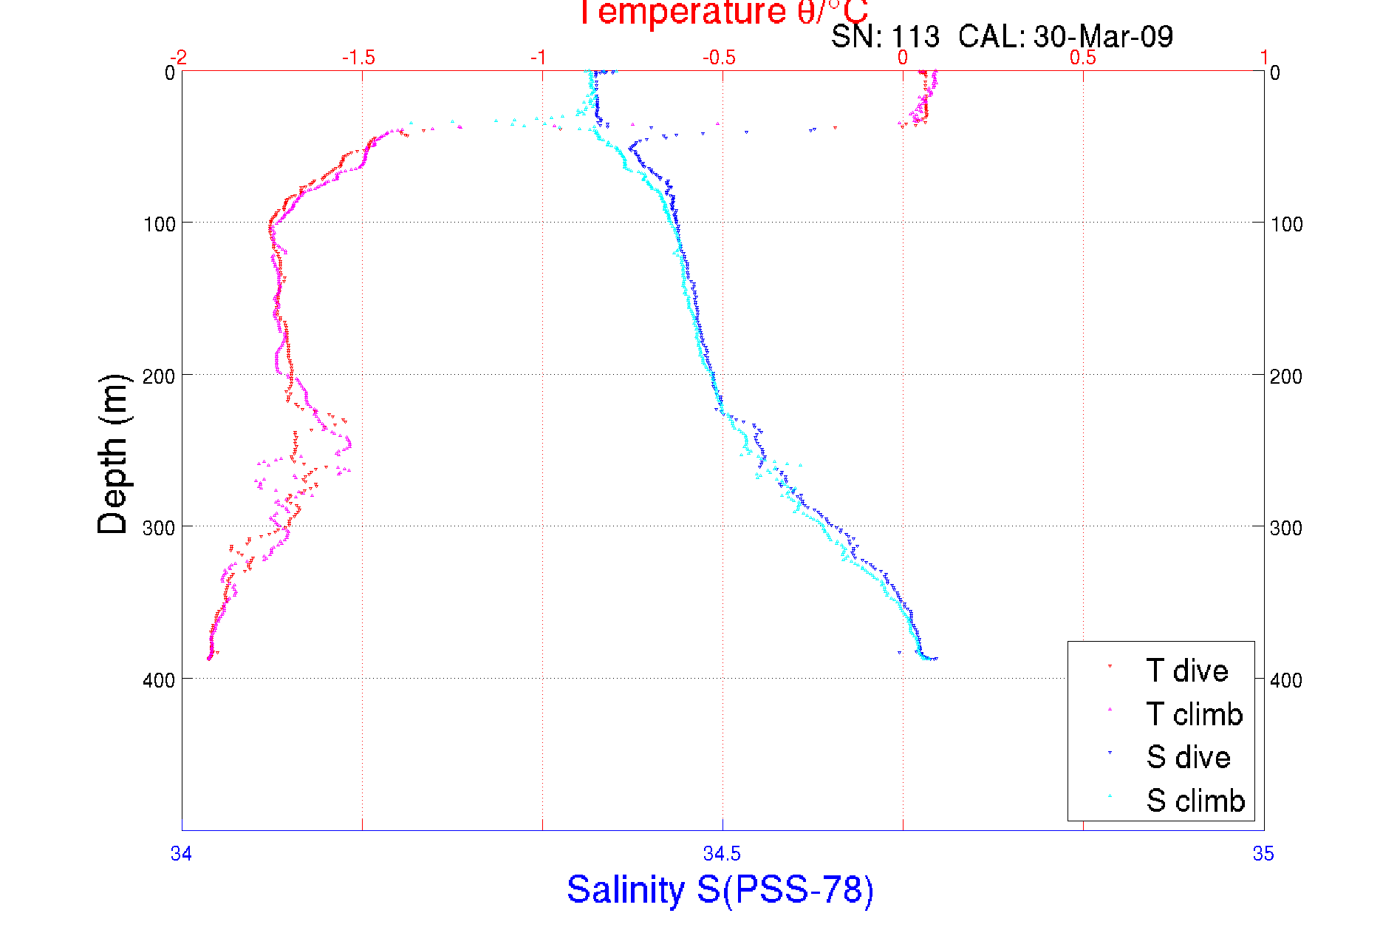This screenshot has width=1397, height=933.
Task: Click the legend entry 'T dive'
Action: click(1186, 671)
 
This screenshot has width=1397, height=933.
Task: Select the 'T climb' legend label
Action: click(1194, 714)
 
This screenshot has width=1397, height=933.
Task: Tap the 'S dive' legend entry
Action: click(1188, 757)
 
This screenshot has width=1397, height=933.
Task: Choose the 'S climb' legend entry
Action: click(1195, 801)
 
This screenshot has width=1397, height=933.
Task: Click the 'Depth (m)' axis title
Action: click(113, 454)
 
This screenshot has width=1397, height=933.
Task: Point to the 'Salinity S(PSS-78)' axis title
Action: click(720, 889)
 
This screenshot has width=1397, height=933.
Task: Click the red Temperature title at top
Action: click(723, 13)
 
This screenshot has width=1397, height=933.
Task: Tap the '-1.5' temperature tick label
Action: click(358, 58)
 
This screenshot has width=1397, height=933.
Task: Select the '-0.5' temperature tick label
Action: click(719, 58)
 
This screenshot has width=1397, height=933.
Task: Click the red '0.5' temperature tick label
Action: click(1083, 58)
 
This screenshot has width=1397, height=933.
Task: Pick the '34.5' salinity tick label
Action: click(722, 854)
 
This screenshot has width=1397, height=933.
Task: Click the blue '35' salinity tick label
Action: click(1263, 854)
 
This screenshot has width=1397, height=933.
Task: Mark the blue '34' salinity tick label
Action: click(181, 854)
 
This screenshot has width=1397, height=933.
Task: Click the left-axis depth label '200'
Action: click(159, 376)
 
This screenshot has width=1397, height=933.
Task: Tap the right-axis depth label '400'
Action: click(1286, 680)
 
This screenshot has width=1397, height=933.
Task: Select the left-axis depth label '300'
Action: click(159, 528)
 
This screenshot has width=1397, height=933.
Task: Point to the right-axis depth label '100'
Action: click(1286, 224)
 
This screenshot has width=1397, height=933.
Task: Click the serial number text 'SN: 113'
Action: click(885, 36)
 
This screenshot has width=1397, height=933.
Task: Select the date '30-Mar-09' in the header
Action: click(1103, 36)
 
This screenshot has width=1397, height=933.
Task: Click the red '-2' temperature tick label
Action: click(178, 58)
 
